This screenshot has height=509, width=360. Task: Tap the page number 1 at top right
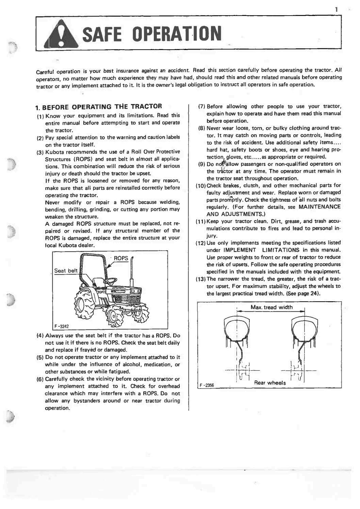click(336, 10)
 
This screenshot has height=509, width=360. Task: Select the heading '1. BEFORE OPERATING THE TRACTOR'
click(99, 107)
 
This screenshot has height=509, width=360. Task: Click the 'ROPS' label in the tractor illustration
click(121, 258)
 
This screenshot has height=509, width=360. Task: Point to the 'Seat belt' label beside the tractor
click(66, 271)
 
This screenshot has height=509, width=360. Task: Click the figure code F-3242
click(62, 326)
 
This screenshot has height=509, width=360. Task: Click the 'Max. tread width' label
click(271, 307)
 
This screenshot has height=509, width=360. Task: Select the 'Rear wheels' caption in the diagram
click(270, 383)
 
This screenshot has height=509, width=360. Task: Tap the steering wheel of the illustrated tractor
click(111, 282)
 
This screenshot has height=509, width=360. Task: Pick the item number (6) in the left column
click(40, 379)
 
